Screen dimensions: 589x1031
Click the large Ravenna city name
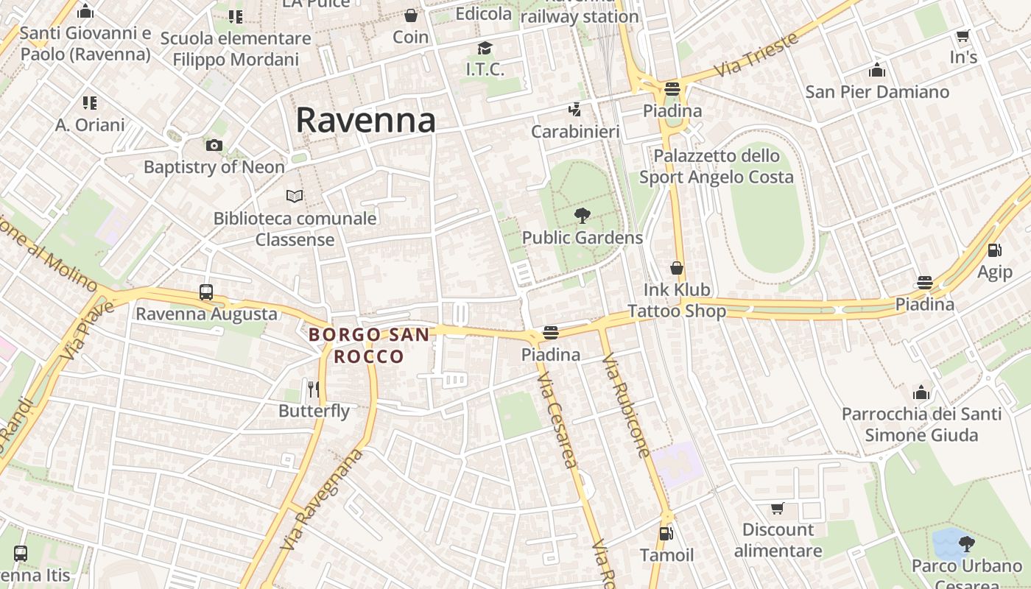click(x=365, y=120)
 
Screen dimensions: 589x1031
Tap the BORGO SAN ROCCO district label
click(x=369, y=345)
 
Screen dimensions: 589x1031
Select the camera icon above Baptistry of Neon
click(x=214, y=145)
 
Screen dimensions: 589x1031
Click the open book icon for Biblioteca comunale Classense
click(x=295, y=196)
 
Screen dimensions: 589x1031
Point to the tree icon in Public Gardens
click(x=582, y=216)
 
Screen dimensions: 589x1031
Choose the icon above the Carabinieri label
click(x=575, y=110)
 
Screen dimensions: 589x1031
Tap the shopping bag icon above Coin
click(x=411, y=15)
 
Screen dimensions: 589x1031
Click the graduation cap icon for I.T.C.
click(x=485, y=48)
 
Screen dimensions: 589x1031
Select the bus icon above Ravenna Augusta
click(x=206, y=292)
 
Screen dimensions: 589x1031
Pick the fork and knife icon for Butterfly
click(x=314, y=389)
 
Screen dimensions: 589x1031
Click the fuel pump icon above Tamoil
click(x=666, y=533)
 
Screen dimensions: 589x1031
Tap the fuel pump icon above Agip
click(x=994, y=250)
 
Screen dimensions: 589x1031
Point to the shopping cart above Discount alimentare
click(x=778, y=508)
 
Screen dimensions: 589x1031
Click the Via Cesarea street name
click(x=557, y=420)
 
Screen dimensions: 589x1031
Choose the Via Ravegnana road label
click(x=322, y=501)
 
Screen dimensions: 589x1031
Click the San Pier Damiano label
click(x=877, y=92)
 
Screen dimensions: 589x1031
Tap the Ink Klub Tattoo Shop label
click(x=677, y=300)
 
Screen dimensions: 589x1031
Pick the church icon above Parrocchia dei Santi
click(x=921, y=392)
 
